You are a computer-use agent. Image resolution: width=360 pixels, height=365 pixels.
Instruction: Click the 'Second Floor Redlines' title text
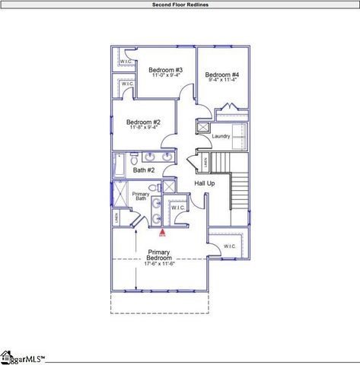coord(180,4)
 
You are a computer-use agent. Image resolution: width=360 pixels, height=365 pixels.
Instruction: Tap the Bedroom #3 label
coord(165,70)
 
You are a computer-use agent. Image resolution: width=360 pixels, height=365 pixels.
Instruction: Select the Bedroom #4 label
coord(222,75)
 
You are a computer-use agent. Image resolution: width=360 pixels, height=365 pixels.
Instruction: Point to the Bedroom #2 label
coord(143,122)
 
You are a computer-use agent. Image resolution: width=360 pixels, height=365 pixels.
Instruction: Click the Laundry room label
coord(221,136)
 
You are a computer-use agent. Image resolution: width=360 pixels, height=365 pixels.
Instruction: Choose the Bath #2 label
coord(144,170)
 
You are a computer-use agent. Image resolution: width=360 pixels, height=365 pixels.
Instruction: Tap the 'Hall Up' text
coord(205,184)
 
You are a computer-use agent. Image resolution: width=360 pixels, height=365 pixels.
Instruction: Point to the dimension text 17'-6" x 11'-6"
coord(160,264)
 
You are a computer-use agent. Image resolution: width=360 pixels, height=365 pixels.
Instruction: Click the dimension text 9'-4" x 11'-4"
coord(222,81)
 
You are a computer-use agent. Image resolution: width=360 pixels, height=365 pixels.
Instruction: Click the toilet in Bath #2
coord(134,159)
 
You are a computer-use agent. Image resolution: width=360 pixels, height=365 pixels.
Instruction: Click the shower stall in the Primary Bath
coord(120,195)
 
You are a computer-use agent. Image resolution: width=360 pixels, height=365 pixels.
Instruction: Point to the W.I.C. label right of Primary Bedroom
coord(229,247)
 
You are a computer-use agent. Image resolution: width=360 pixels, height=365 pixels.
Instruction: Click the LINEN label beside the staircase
coord(205,161)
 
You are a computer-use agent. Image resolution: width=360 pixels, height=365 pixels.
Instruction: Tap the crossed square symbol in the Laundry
coord(203,129)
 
